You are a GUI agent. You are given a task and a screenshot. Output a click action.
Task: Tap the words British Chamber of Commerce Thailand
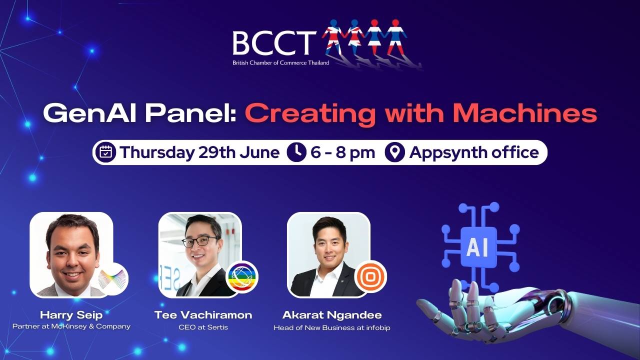281,63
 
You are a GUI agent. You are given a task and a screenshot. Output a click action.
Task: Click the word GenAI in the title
89,113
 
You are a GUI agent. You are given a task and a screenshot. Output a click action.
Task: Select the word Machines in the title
525,113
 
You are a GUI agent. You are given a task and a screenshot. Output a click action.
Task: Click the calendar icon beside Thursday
105,152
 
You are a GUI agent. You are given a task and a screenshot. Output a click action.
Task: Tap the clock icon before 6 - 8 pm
296,152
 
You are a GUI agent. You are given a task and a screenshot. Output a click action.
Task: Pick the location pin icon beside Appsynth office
395,152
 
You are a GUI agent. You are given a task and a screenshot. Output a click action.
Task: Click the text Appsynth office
474,152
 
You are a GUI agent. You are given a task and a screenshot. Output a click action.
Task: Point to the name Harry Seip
71,315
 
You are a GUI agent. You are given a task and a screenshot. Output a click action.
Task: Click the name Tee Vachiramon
203,315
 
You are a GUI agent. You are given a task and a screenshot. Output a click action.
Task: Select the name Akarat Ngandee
332,315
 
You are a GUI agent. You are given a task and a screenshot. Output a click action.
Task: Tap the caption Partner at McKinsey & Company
71,326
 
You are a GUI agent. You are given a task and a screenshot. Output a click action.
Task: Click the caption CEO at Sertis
203,327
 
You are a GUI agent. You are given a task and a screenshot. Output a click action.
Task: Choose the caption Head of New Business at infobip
332,327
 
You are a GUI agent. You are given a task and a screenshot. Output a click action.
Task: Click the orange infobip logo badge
370,276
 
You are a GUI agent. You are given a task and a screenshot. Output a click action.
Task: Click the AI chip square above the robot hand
478,247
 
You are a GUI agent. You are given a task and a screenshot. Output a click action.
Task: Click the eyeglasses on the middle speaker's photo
200,241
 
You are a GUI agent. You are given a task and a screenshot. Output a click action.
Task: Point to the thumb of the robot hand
428,310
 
